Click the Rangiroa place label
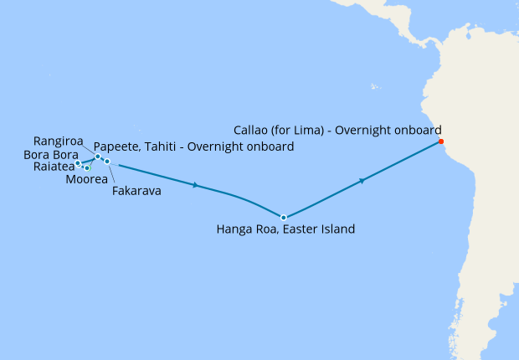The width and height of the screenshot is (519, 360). click(59, 140)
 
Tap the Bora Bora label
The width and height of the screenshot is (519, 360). click(50, 155)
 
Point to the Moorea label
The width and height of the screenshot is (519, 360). click(86, 179)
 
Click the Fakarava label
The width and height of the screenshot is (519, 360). click(136, 191)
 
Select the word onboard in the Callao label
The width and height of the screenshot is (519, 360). click(413, 130)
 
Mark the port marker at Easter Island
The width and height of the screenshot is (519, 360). click(284, 218)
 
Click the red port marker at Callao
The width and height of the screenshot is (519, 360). click(440, 141)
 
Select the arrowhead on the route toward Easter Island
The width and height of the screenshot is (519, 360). click(195, 185)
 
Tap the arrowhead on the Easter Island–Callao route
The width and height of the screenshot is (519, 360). click(362, 180)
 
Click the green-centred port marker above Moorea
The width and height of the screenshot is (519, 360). click(87, 168)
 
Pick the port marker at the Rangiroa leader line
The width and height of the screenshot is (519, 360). click(98, 157)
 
